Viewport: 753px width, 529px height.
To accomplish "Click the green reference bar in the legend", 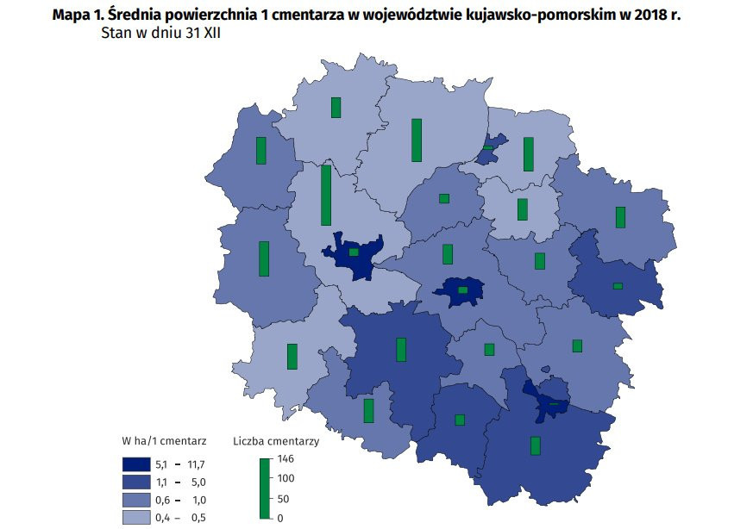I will tap(263, 489).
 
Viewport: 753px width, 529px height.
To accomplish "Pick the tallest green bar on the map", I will tap(326, 195).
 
